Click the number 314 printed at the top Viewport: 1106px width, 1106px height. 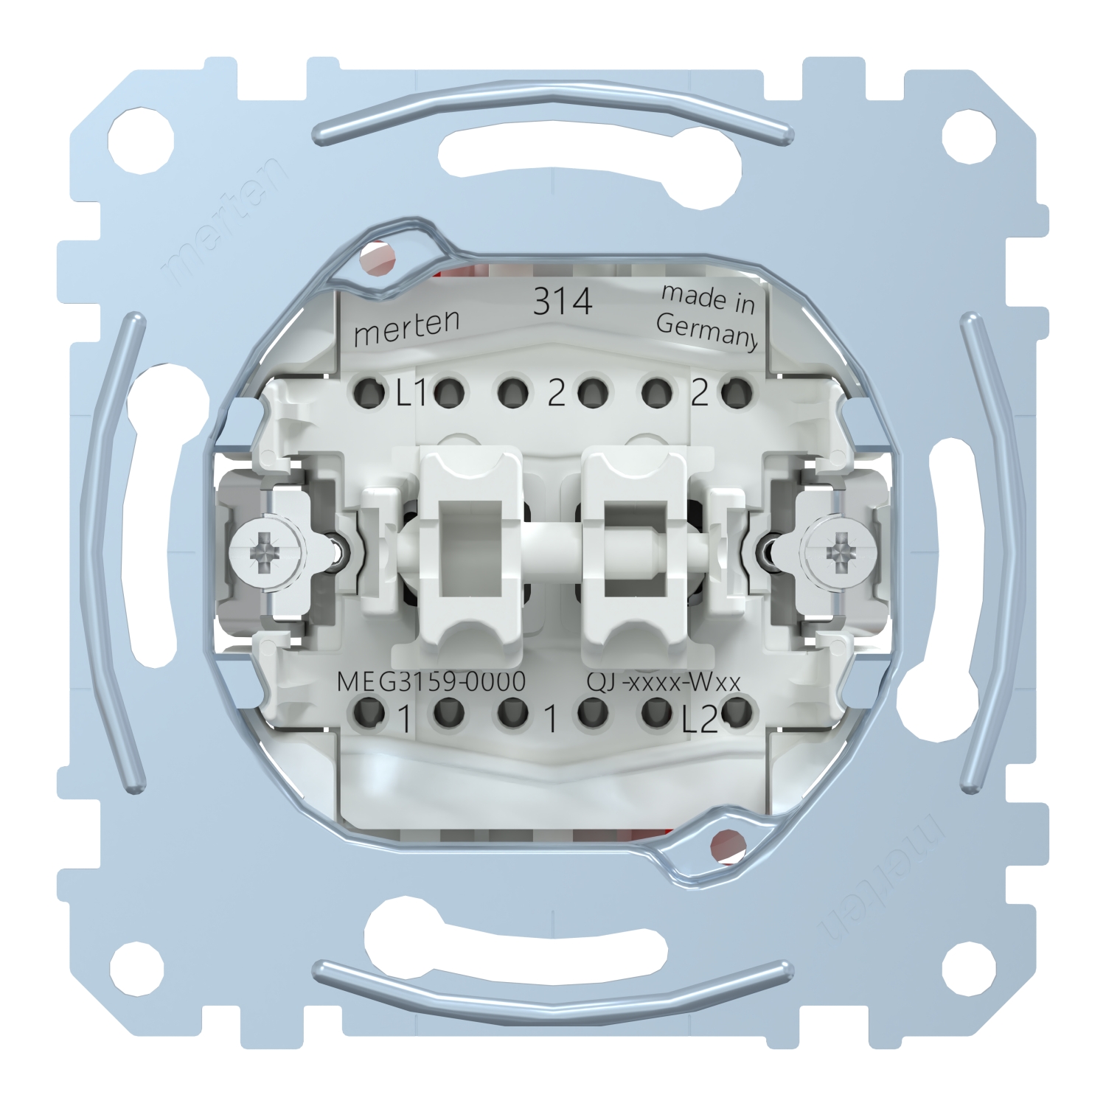click(563, 302)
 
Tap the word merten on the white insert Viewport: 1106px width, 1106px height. click(407, 327)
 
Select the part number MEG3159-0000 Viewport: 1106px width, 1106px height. click(431, 681)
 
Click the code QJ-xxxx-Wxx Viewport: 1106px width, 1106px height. click(663, 682)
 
